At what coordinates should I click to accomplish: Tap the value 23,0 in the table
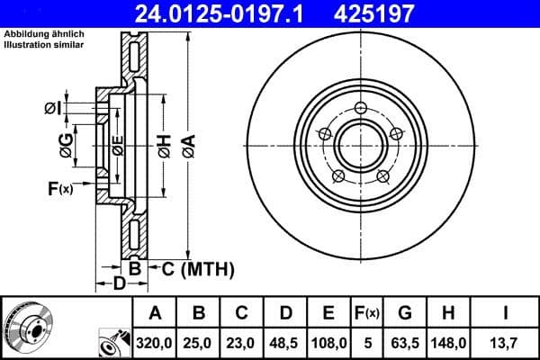[x=241, y=341]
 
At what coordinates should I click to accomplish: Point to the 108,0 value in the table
[x=328, y=341]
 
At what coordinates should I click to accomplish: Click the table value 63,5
[x=405, y=341]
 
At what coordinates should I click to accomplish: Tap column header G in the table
[x=405, y=313]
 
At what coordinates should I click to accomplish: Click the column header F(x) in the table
[x=367, y=313]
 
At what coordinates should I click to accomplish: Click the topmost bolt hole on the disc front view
[x=361, y=109]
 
